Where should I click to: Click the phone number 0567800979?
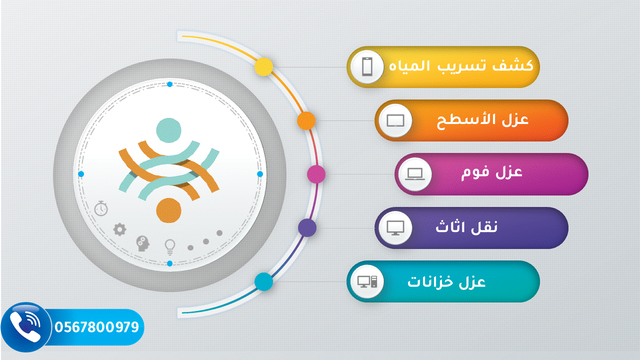point(96,327)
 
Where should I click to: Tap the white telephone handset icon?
point(25,326)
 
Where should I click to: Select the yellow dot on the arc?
point(263,67)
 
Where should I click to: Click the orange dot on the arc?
point(306,120)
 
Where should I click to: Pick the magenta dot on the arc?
point(316,174)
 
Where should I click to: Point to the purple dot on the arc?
point(307,227)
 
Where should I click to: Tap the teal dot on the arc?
point(263,281)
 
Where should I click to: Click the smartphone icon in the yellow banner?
point(367,67)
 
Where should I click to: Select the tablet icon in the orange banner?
point(395,120)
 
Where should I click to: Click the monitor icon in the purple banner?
point(395,228)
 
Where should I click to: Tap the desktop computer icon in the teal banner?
point(367,281)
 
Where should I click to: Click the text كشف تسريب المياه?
point(461,65)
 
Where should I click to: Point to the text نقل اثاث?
point(466,227)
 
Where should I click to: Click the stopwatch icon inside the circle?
point(101,208)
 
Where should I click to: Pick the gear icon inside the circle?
point(119,229)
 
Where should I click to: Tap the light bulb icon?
point(169,247)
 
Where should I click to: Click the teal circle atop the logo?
point(168,130)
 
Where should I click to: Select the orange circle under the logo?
point(168,210)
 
